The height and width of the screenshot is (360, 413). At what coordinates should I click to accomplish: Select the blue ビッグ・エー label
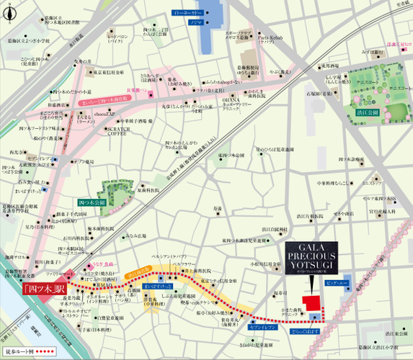coord(337,287)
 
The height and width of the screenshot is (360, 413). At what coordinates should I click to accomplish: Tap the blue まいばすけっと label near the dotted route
coord(156,286)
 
